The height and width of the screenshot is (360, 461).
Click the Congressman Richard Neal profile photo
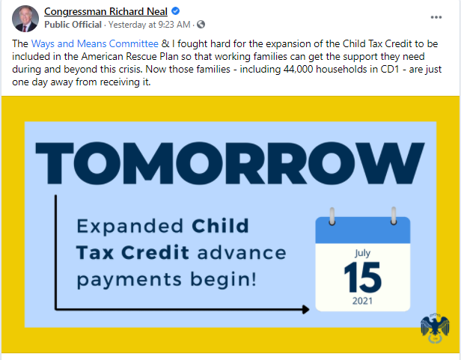click(x=25, y=19)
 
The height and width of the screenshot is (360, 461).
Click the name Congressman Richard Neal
click(x=106, y=11)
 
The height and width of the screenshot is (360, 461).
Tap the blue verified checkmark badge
click(x=176, y=11)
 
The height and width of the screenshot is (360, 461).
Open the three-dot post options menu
click(x=436, y=17)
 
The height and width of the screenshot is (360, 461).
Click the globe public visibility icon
click(x=201, y=25)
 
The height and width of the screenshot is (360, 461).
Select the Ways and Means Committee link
click(x=94, y=43)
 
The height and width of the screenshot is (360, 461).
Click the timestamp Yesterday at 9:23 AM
click(x=150, y=25)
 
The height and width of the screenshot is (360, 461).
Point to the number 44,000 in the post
click(x=298, y=69)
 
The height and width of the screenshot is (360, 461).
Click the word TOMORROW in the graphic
click(x=230, y=163)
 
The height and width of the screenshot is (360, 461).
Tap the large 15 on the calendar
click(x=362, y=278)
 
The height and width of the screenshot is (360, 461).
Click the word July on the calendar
click(x=362, y=253)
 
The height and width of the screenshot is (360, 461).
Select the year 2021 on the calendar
click(x=362, y=301)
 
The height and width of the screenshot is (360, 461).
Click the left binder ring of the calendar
click(x=332, y=216)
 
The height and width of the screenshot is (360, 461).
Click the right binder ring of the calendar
click(x=394, y=216)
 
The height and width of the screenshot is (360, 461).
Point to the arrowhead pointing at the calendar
click(x=306, y=309)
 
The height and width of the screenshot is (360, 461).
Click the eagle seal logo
click(x=435, y=328)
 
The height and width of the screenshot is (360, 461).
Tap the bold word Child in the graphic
click(x=220, y=226)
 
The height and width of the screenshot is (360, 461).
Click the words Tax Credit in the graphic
click(x=132, y=253)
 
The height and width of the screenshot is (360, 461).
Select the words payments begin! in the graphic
click(x=167, y=279)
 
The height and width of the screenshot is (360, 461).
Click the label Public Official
click(x=73, y=25)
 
